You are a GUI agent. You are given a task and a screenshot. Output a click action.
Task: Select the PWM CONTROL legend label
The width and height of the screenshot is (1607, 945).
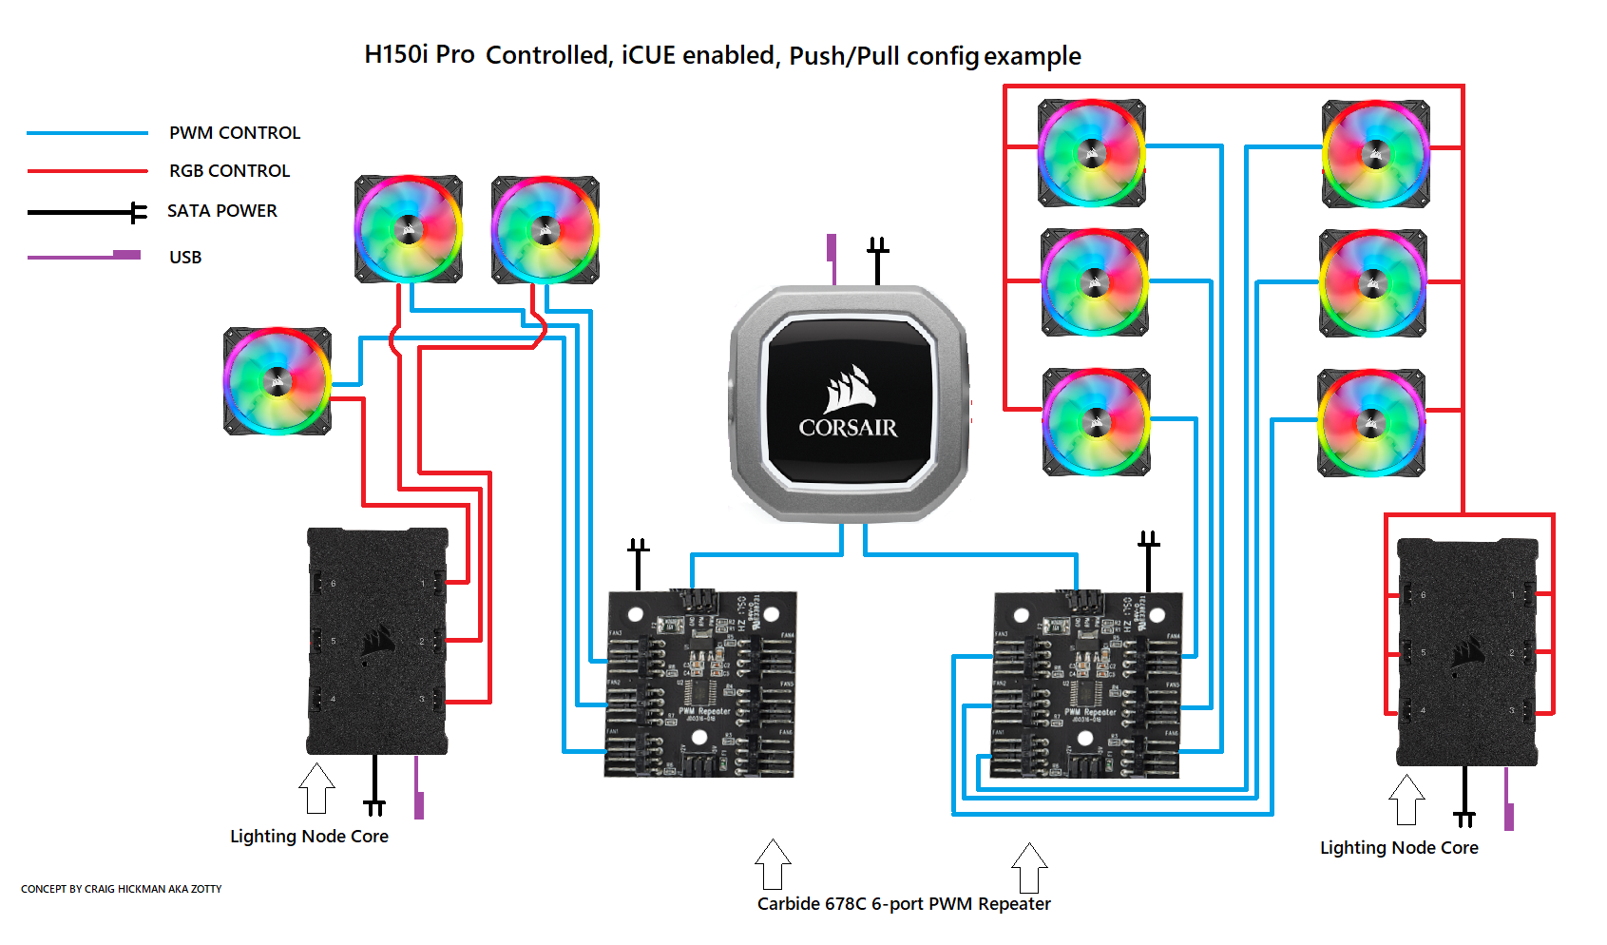[x=235, y=133]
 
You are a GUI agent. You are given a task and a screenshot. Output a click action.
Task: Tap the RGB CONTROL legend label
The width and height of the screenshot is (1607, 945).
[x=229, y=171]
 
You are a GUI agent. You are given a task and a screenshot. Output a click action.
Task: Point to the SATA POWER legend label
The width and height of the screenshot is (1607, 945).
[x=222, y=211]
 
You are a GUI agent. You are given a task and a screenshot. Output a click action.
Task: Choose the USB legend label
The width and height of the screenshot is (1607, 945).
[x=185, y=258]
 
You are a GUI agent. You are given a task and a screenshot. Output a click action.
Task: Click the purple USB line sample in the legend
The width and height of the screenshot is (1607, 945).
[x=86, y=256]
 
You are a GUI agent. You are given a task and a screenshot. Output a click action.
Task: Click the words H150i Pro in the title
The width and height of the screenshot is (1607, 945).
[x=419, y=55]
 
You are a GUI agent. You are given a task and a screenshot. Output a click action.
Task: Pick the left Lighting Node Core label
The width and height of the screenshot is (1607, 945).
[x=309, y=837]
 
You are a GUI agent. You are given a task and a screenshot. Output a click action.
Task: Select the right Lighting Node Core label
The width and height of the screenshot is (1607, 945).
[x=1399, y=848]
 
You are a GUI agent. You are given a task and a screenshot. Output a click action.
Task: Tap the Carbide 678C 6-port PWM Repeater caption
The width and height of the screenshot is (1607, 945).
[x=904, y=904]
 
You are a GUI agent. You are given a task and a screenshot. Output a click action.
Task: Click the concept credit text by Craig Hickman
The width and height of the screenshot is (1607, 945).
[x=121, y=890]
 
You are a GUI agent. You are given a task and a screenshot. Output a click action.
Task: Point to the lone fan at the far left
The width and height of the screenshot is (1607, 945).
[x=277, y=381]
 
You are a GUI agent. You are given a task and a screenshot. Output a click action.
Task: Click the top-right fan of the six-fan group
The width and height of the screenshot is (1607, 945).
[x=1375, y=154]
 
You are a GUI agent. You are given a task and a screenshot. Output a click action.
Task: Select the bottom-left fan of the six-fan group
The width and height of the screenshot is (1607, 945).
[x=1096, y=422]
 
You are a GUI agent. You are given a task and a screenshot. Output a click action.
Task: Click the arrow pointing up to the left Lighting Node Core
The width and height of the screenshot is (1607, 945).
[x=316, y=788]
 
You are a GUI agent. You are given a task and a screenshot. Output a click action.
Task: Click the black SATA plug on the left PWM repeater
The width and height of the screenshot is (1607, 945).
[x=638, y=561]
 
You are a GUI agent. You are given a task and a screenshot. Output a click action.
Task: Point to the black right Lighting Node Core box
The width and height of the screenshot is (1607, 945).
[x=1466, y=652]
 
